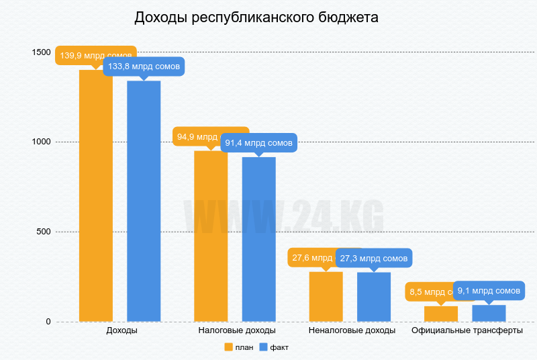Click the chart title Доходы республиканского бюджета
[256, 17]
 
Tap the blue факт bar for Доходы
[144, 201]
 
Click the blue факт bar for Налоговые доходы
[259, 238]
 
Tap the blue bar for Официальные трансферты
[489, 314]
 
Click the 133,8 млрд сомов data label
[144, 66]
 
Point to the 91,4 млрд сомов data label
[259, 143]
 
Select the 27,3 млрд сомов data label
[374, 258]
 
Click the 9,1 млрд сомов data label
[489, 291]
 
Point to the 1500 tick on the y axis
[41, 52]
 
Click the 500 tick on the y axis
[44, 232]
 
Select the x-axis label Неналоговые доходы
[352, 331]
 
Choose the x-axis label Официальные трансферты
[467, 331]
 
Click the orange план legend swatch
[228, 347]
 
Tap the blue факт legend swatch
[264, 347]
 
